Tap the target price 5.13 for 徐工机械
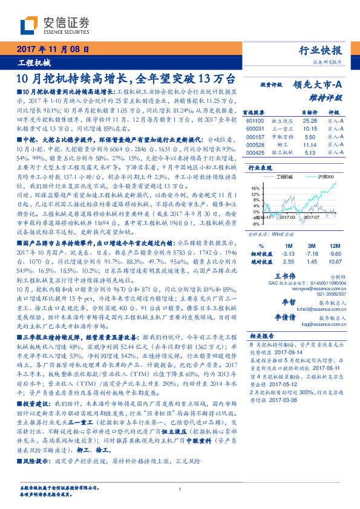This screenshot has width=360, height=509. (309, 154)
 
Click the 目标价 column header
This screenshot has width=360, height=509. (310, 112)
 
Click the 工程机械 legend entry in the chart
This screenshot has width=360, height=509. (284, 176)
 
